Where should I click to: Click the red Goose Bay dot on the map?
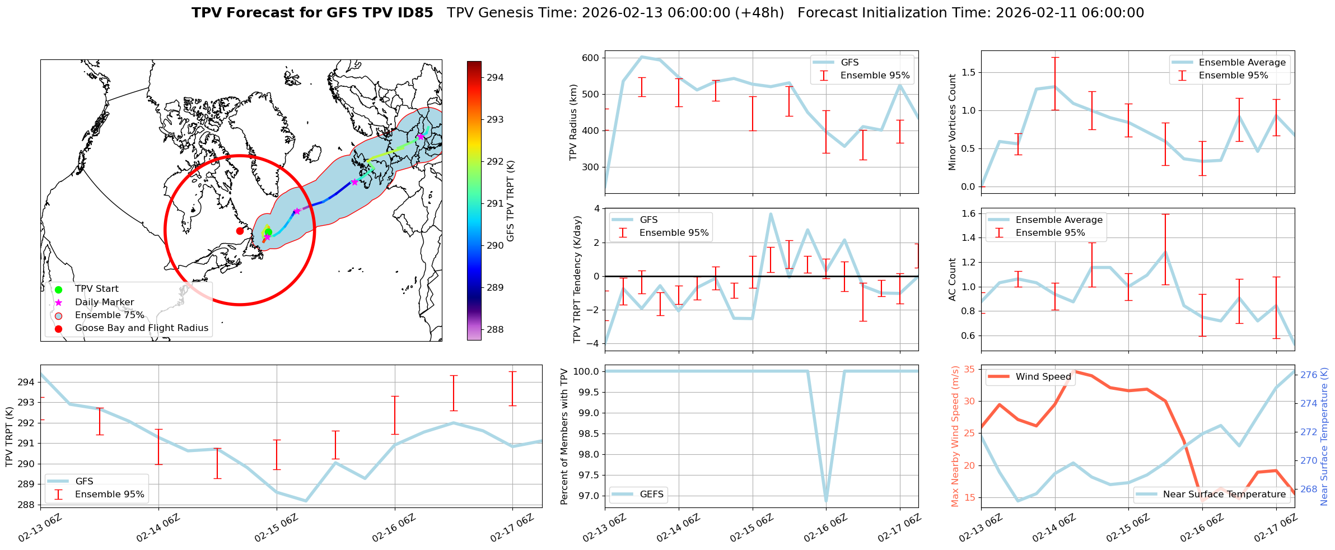[240, 231]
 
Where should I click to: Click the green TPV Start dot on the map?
[268, 232]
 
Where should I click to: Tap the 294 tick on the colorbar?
[494, 77]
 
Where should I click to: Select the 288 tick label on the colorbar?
[494, 329]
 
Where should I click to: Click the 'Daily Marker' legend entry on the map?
[104, 302]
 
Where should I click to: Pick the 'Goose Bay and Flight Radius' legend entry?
[141, 328]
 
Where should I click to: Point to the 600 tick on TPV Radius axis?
[590, 58]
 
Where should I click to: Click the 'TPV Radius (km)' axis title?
[573, 122]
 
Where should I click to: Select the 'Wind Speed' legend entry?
[1043, 377]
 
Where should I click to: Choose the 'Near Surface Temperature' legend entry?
[1224, 494]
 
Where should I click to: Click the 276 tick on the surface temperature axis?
[1308, 375]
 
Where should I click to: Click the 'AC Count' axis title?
[953, 279]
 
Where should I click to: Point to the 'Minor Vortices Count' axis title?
[953, 122]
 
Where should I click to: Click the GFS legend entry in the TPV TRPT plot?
[84, 481]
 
